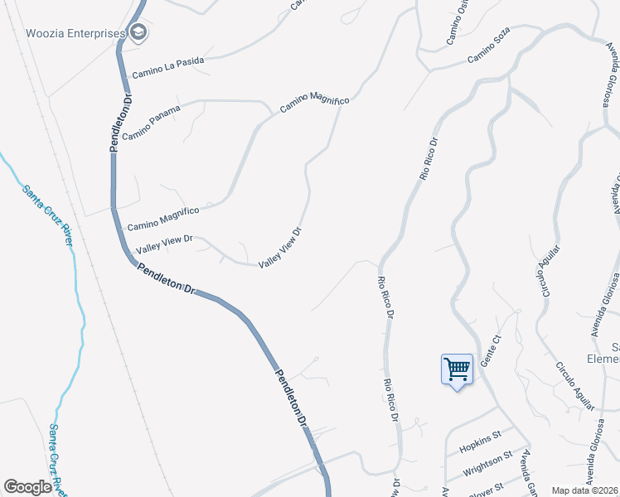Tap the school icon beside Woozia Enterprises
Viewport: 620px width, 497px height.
tap(138, 33)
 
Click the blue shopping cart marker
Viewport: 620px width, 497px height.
tap(457, 369)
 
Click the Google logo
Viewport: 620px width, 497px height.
tap(28, 487)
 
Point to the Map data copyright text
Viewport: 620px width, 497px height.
tap(584, 490)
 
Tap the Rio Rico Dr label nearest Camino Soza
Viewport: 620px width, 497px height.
tap(428, 159)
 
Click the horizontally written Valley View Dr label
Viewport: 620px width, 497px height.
tap(164, 244)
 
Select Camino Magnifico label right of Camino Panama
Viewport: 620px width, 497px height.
tap(314, 104)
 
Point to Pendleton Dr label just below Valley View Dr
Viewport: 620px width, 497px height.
tap(166, 279)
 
